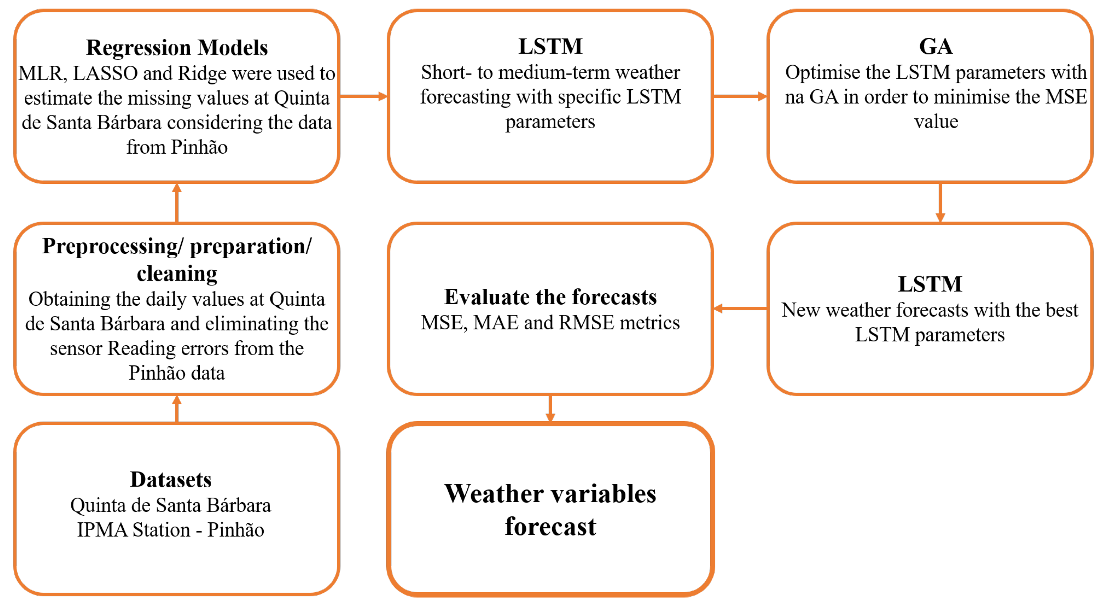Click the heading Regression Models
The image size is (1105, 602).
coord(177,47)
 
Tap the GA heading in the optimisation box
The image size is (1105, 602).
coord(936,46)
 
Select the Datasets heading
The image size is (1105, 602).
coord(171,479)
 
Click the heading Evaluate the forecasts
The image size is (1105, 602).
coord(550,297)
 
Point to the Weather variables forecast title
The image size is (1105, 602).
coord(550,509)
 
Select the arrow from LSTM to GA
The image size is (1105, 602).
coord(740,96)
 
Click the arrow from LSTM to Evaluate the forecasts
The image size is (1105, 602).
coord(740,308)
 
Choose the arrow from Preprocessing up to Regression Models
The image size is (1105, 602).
coord(177,203)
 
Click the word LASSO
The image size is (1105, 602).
coord(99,73)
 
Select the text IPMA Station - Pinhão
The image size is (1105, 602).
coord(171,530)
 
